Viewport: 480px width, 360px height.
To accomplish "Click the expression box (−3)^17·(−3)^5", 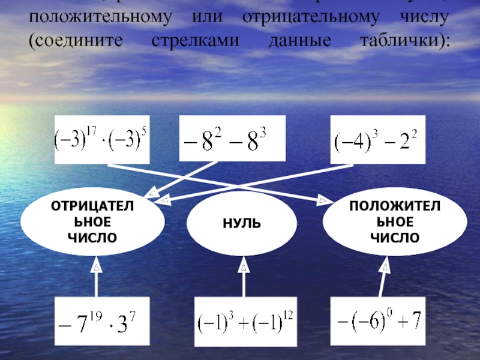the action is point(101,140).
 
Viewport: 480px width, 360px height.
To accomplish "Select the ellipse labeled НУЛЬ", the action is point(242,224).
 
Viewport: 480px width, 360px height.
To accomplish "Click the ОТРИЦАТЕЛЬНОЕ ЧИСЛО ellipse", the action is point(92,223).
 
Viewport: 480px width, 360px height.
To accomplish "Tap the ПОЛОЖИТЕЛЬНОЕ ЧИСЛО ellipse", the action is point(394,223).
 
